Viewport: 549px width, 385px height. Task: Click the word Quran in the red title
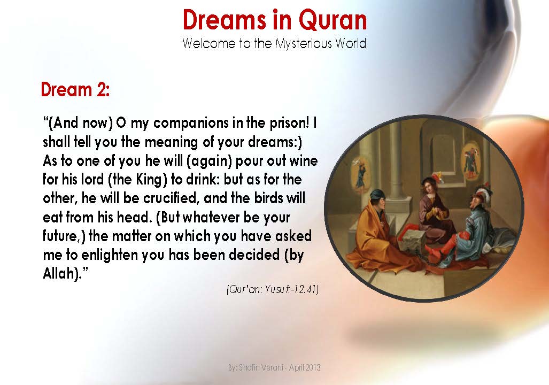(x=333, y=20)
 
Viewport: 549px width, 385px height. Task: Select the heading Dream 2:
(x=75, y=90)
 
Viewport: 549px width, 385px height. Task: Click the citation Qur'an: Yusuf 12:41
(x=273, y=290)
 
